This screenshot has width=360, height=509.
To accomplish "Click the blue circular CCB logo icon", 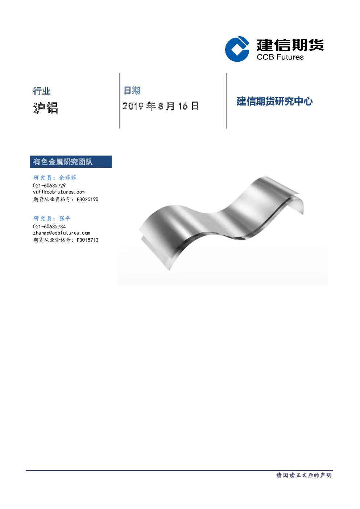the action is tap(237, 49).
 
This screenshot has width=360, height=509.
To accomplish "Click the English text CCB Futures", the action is tap(280, 57).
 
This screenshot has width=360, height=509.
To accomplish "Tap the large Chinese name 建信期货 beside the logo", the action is tap(290, 45).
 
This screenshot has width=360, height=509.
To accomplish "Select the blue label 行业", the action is tap(42, 91).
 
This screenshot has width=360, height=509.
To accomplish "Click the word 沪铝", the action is tap(45, 107).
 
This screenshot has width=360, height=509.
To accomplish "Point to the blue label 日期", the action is tap(132, 90).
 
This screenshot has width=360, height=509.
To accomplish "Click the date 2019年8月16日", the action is tap(161, 106).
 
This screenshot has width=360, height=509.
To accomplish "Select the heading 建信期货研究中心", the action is tap(274, 102).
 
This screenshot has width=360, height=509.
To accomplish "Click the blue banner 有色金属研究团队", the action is tap(71, 162).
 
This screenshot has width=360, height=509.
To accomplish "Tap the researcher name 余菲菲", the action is tap(67, 178).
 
